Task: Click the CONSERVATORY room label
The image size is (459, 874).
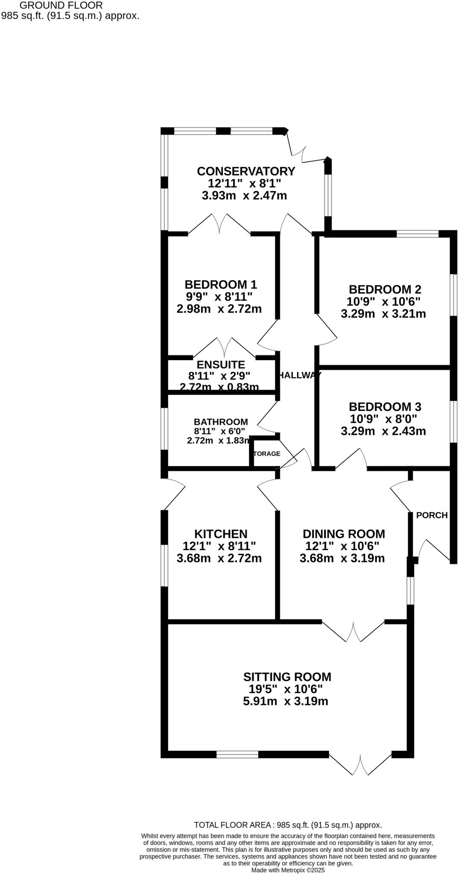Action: [246, 171]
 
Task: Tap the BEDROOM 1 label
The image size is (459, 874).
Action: [220, 284]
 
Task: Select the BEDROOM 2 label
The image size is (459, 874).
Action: [385, 289]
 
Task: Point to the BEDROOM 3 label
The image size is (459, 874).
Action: [385, 406]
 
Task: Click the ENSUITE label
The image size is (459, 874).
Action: [220, 365]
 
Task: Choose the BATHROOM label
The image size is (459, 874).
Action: [220, 422]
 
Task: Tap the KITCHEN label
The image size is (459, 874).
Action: [220, 534]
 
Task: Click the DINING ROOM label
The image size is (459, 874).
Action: [343, 534]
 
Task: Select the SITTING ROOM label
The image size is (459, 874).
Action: [287, 677]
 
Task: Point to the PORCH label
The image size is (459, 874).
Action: [432, 515]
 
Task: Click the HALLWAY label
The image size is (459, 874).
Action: [299, 375]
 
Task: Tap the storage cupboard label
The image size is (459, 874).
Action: [267, 454]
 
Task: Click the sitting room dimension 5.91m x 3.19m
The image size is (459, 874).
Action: [285, 701]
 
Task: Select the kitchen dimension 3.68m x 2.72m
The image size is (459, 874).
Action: [219, 558]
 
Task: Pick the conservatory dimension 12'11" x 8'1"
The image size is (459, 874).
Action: [244, 184]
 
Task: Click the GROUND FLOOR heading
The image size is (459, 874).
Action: [61, 6]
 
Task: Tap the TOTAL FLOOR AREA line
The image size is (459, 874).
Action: [288, 825]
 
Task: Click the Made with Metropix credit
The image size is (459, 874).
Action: [288, 870]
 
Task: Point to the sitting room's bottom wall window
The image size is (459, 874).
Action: [237, 755]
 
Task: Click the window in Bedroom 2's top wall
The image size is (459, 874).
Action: [417, 234]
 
